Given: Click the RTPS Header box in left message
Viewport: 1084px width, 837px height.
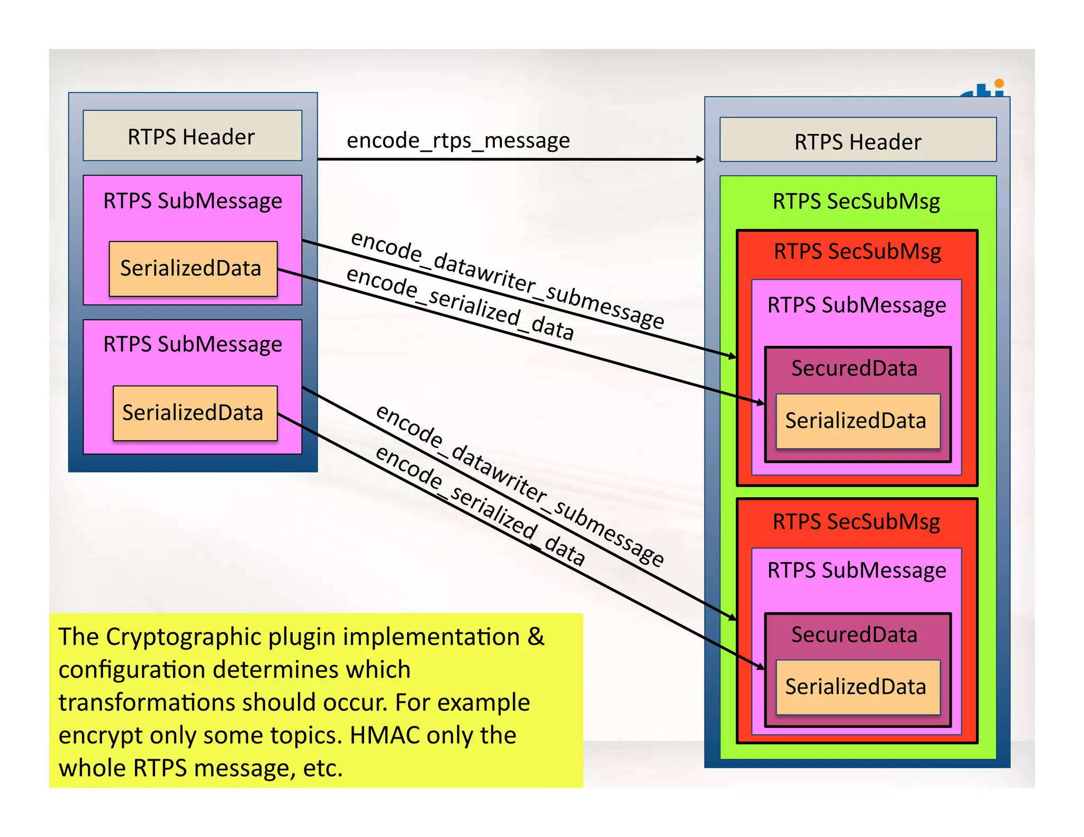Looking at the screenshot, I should tap(192, 136).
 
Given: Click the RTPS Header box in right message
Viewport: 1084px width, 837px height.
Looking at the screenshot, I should tap(857, 141).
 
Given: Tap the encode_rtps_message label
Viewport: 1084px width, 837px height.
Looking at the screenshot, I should tap(458, 140).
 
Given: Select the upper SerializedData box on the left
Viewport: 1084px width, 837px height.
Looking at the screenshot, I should tap(193, 269).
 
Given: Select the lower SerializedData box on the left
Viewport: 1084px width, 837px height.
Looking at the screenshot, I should tap(195, 413).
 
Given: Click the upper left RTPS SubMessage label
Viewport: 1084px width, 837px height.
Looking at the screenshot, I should tap(193, 202).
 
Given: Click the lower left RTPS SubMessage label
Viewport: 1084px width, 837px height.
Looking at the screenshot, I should tap(193, 345).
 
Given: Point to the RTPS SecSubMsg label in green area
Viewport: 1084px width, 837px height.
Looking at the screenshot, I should tap(856, 202).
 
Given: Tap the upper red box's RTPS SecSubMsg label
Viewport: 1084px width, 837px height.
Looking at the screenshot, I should tap(857, 252).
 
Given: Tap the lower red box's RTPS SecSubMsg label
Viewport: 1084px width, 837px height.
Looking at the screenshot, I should tap(856, 522).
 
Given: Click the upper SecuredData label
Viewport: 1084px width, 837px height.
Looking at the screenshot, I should tap(854, 369).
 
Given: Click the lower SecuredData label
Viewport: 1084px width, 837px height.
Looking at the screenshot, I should tap(854, 635).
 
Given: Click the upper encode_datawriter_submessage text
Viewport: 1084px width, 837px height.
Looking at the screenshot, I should tap(507, 280).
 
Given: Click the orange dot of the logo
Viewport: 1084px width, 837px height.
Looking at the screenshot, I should tap(999, 83).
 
